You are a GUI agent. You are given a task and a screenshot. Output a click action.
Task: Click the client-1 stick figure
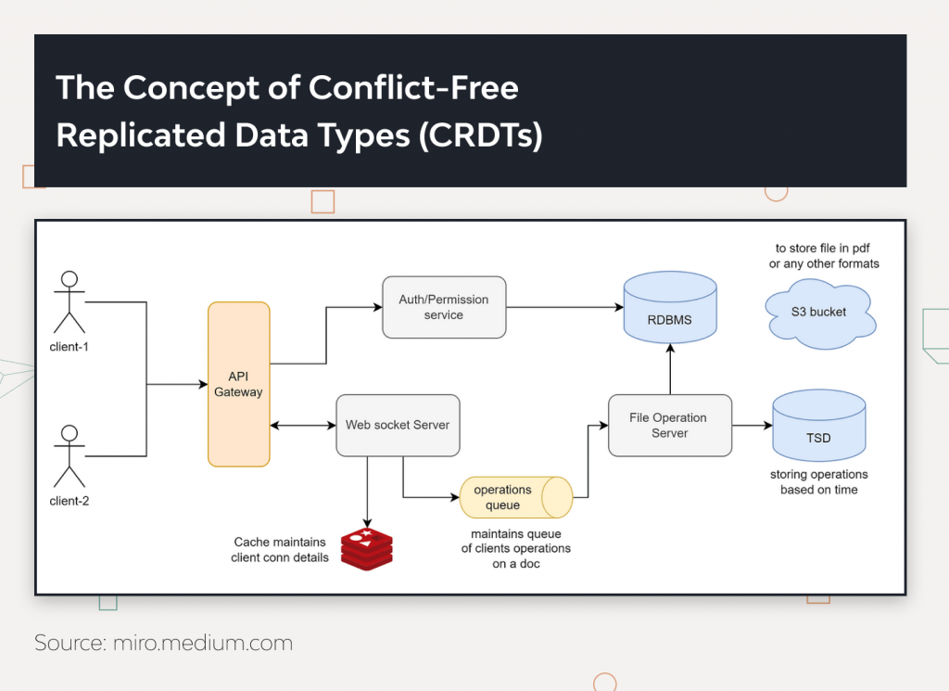click(69, 301)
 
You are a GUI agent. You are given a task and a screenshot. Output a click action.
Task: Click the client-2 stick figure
click(69, 455)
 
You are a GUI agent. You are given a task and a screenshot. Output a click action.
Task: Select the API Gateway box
click(238, 384)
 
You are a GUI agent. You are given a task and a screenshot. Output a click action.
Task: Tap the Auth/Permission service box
click(444, 307)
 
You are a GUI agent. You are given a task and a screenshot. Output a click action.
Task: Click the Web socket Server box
click(398, 425)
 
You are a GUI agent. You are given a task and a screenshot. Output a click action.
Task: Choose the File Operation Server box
click(669, 425)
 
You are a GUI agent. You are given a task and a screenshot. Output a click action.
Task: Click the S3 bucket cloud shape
click(819, 313)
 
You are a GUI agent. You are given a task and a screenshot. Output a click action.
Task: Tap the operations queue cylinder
click(515, 497)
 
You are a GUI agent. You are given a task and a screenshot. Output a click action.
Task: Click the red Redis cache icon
click(366, 548)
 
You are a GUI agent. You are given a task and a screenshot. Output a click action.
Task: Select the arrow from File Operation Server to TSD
click(752, 426)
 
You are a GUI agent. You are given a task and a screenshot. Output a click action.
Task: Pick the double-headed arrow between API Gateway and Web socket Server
click(302, 426)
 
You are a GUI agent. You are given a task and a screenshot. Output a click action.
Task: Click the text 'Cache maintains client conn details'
click(280, 550)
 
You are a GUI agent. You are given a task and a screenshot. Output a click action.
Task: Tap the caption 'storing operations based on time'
click(818, 482)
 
